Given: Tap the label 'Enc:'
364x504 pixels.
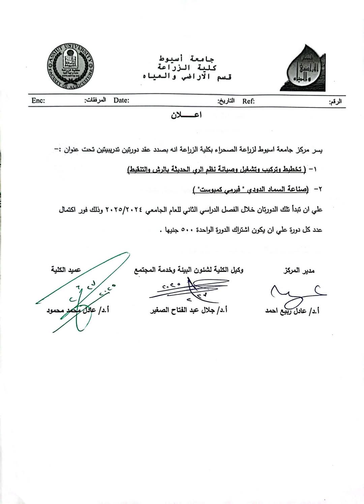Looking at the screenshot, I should (38, 100).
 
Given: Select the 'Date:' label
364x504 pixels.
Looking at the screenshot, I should (121, 100).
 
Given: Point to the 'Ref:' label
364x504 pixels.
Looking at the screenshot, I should (248, 101).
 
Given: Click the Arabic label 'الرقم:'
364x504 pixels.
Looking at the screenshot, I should (335, 101).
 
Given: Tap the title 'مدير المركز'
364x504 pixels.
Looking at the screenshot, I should (299, 271).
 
